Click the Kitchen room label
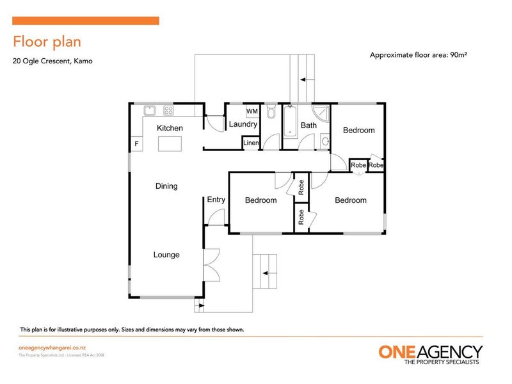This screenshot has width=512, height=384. pos(170,128)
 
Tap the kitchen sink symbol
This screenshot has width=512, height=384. pos(151,109)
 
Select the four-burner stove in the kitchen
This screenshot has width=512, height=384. pos(168,109)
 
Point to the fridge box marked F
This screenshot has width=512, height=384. pos(136,144)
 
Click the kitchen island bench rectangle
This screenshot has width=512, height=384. pos(170,144)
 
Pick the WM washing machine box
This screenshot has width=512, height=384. pos(252,111)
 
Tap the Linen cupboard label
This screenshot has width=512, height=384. pos(251,143)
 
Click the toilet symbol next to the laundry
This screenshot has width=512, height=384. pos(270,112)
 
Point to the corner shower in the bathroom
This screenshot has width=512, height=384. pos(321,113)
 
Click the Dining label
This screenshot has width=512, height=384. pos(166,186)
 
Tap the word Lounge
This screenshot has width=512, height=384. pos(166,255)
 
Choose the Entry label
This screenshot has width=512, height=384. pos(216,200)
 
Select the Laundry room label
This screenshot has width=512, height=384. pos(243,124)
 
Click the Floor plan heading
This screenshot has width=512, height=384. pos(47,42)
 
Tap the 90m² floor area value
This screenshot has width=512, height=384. pos(457,55)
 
